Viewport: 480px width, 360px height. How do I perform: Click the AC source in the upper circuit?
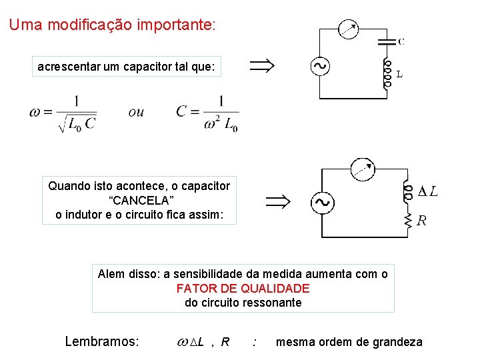pos(319,66)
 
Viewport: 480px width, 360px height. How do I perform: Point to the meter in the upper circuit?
pos(348,29)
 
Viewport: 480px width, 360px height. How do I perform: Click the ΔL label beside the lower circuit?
pos(427,192)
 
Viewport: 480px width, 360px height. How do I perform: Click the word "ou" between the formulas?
pos(136,112)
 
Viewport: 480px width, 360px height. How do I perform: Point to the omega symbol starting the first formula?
pos(35,112)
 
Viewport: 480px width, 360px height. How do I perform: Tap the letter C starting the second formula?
pos(182,111)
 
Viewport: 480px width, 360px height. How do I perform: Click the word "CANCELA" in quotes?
pos(139,200)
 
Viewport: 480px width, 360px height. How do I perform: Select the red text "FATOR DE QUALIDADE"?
pos(243,288)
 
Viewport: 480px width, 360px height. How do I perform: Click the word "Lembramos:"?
pos(102,342)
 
